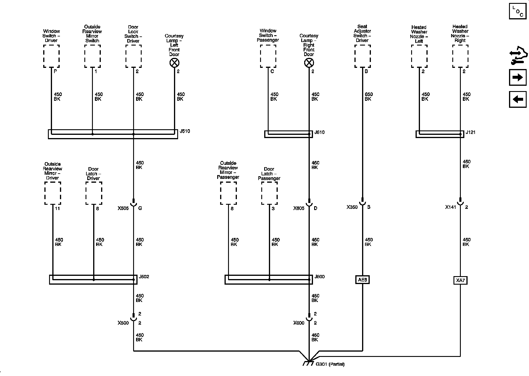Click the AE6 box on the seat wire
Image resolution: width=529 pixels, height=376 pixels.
click(x=362, y=280)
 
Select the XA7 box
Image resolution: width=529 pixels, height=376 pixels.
click(x=460, y=281)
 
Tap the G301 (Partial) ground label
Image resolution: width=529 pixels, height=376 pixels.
click(x=330, y=364)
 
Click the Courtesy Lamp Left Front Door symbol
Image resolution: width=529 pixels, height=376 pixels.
click(x=175, y=63)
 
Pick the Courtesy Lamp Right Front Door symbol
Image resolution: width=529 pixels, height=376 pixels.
click(x=309, y=63)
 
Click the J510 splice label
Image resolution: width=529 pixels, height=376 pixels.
click(x=185, y=131)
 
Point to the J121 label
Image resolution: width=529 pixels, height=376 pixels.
click(x=471, y=132)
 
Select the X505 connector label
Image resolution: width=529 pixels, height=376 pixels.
click(x=123, y=208)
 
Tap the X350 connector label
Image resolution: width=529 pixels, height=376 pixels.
click(x=352, y=207)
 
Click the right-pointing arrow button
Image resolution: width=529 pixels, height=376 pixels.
click(x=518, y=77)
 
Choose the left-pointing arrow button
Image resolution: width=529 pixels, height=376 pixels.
click(x=518, y=99)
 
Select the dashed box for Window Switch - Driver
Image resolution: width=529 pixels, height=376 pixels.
click(x=51, y=56)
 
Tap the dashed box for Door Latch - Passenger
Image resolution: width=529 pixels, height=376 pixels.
click(x=269, y=193)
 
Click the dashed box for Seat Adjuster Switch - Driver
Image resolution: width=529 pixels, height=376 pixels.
click(x=362, y=56)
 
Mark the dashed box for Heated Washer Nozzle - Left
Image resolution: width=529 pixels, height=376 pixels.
click(x=419, y=56)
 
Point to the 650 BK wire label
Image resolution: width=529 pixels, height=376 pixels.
click(x=369, y=97)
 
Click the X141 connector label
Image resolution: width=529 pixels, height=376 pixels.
click(x=451, y=207)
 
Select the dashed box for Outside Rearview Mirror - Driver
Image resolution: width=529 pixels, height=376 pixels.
click(x=53, y=193)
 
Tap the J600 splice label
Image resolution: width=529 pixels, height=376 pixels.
click(x=319, y=277)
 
